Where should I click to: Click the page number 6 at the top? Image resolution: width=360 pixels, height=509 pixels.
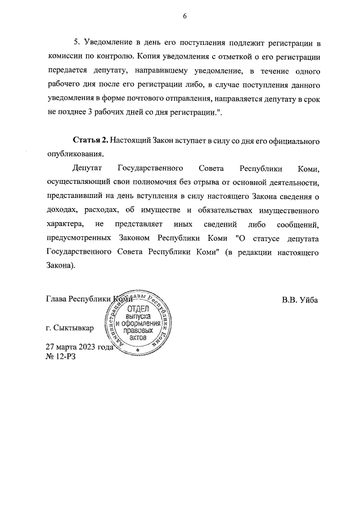tap(184, 16)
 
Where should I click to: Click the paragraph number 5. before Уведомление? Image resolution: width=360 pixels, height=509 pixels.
tap(78, 43)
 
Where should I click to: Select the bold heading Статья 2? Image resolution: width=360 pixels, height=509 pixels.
tap(90, 139)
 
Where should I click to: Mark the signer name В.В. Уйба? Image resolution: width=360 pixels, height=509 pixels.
tap(300, 300)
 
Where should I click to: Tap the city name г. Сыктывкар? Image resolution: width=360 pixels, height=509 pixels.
tap(70, 327)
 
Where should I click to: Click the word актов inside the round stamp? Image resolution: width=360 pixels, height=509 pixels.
tap(137, 338)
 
